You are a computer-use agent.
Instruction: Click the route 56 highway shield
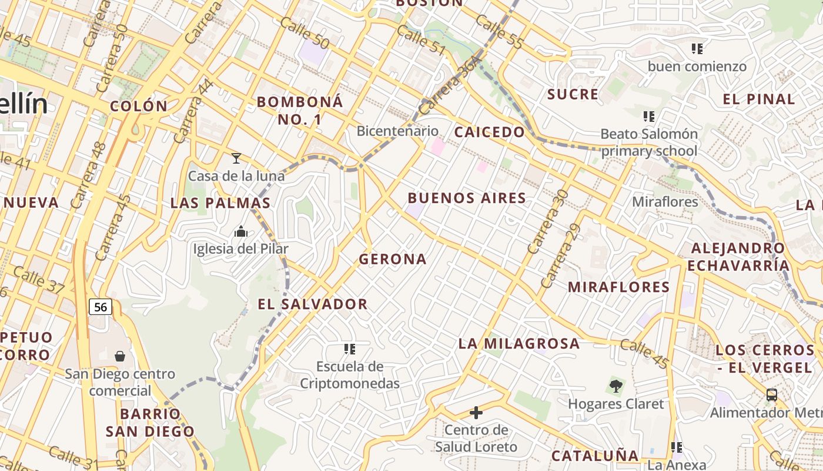[x=101, y=307]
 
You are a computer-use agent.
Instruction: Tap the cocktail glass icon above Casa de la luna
[x=236, y=158]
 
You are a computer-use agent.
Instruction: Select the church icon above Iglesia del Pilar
[x=240, y=231]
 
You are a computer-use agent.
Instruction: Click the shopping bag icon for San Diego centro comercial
[x=119, y=356]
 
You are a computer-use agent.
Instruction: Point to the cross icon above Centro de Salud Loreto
[x=476, y=413]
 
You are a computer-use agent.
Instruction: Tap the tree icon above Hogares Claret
[x=615, y=387]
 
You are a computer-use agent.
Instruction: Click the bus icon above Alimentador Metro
[x=772, y=395]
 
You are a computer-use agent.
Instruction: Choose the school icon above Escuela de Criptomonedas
[x=350, y=349]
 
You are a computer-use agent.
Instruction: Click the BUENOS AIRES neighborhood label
[x=467, y=198]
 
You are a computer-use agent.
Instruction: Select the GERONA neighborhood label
[x=393, y=259]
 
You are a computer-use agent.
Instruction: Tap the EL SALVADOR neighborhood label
[x=313, y=304]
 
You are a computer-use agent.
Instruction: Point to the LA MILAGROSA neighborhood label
[x=519, y=343]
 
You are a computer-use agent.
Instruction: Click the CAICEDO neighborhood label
[x=489, y=132]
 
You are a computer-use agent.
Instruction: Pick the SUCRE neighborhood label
[x=573, y=94]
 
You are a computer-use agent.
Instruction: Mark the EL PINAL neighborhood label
[x=758, y=99]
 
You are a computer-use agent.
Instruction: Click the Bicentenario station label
[x=397, y=131]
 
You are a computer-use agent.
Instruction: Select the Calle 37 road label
[x=38, y=280]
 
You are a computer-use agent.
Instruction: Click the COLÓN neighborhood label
[x=139, y=107]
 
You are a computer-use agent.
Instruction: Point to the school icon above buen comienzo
[x=697, y=49]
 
